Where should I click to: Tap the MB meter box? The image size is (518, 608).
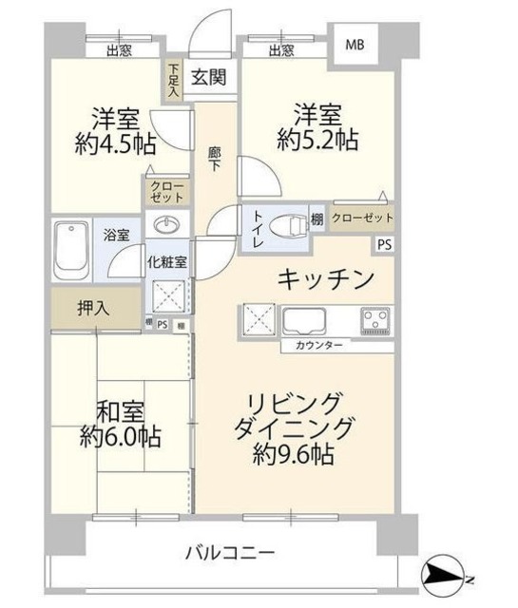coord(354,44)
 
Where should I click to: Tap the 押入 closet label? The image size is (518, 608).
coord(93,307)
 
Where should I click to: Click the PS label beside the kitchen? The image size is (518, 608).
coord(383,243)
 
